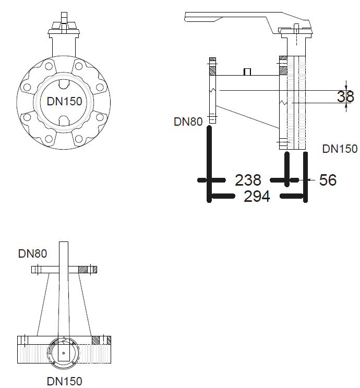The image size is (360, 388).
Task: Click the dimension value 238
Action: click(248, 180)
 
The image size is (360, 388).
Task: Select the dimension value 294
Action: click(257, 196)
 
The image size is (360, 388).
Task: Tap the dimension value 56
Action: click(328, 179)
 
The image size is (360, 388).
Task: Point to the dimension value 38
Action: click(345, 96)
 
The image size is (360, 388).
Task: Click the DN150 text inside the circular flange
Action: click(64, 101)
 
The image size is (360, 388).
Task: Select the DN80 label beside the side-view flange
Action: click(188, 122)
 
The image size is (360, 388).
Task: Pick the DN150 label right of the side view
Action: click(340, 149)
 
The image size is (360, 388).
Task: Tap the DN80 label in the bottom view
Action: click(32, 253)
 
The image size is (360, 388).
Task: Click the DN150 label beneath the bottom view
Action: click(64, 381)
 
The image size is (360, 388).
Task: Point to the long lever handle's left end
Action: click(185, 17)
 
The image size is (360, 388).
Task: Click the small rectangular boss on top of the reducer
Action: click(247, 72)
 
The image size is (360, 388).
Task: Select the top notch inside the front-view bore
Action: click(64, 84)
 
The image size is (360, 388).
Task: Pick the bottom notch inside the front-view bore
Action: click(64, 120)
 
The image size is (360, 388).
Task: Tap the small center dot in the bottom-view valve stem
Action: click(64, 353)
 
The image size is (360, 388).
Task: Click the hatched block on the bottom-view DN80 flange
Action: click(83, 270)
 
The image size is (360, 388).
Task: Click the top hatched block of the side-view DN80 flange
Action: click(212, 59)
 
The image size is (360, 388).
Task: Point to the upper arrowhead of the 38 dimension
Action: click(346, 87)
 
